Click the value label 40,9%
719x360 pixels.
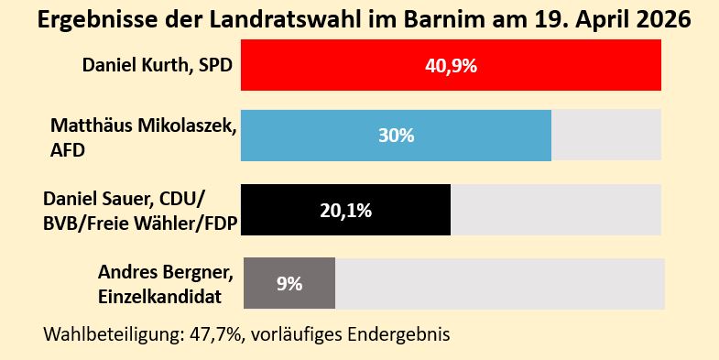[x=451, y=66]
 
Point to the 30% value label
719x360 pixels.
[x=396, y=136]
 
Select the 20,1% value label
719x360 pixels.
[x=345, y=211]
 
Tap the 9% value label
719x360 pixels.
[x=289, y=284]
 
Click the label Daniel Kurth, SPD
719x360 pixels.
[x=157, y=66]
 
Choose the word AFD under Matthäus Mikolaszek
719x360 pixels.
[x=68, y=149]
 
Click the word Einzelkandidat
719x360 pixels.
[x=164, y=295]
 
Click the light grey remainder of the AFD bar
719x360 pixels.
[x=605, y=135]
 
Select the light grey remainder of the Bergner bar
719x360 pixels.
[x=499, y=283]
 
